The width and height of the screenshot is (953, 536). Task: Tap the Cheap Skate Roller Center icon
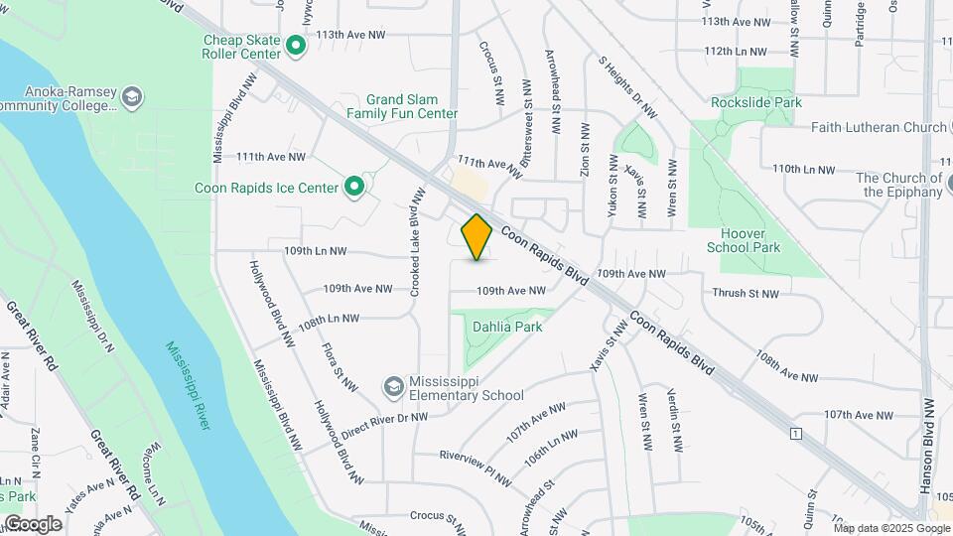(x=295, y=47)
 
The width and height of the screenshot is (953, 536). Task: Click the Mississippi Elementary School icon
(x=394, y=385)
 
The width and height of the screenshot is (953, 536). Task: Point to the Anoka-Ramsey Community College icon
(x=133, y=97)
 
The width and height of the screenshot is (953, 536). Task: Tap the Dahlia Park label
(x=507, y=326)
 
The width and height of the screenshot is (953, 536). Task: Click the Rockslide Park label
(x=756, y=102)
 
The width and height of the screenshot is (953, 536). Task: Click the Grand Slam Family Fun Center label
(x=412, y=106)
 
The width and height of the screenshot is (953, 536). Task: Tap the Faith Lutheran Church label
(x=879, y=127)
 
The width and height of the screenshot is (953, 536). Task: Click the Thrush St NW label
(x=746, y=293)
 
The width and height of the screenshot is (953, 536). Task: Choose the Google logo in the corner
(x=33, y=523)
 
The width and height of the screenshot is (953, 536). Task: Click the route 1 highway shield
(x=795, y=434)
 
